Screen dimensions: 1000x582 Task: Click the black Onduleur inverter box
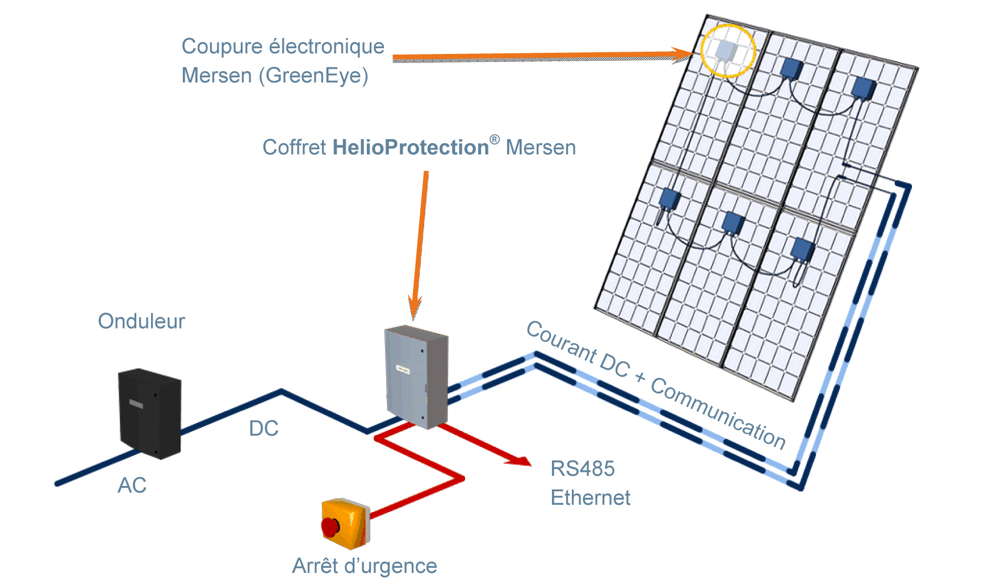(x=150, y=413)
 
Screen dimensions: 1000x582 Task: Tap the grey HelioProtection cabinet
(x=416, y=376)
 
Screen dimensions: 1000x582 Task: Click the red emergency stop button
(x=330, y=526)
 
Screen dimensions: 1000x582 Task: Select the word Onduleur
(x=141, y=321)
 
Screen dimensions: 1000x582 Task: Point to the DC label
(x=263, y=428)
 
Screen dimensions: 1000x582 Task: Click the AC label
(x=132, y=485)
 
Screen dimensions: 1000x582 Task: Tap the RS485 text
(x=583, y=469)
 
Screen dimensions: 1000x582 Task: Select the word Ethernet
(x=591, y=498)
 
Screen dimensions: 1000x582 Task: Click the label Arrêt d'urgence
(x=365, y=566)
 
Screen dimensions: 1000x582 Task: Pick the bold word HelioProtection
(x=411, y=148)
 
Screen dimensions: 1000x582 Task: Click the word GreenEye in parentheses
(x=313, y=76)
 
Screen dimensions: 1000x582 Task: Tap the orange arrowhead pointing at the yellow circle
(x=683, y=55)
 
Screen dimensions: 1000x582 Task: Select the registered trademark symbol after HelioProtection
(x=495, y=140)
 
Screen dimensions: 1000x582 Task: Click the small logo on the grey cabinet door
(x=403, y=370)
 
